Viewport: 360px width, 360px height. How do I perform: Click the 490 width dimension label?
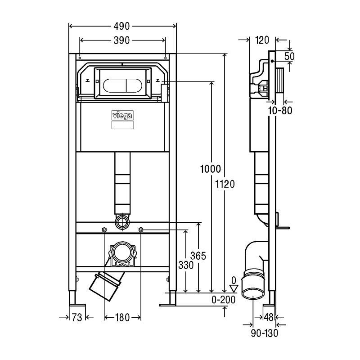coord(121,27)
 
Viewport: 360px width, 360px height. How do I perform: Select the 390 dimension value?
coord(121,40)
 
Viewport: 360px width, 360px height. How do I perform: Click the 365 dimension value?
coord(198,256)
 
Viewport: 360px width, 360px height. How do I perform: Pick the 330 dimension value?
coord(185,265)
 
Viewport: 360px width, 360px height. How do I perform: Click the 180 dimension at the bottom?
coord(121,318)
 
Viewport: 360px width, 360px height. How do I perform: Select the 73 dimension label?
coord(77,318)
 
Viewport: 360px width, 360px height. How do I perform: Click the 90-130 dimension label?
coord(265,333)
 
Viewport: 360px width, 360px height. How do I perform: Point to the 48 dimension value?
coord(269,318)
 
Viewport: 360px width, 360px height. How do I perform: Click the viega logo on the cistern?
coord(122,115)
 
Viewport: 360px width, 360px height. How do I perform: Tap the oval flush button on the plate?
coord(122,85)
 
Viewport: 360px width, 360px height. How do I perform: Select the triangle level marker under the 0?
coord(233,288)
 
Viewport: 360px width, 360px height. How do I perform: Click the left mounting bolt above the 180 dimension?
coord(104,230)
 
